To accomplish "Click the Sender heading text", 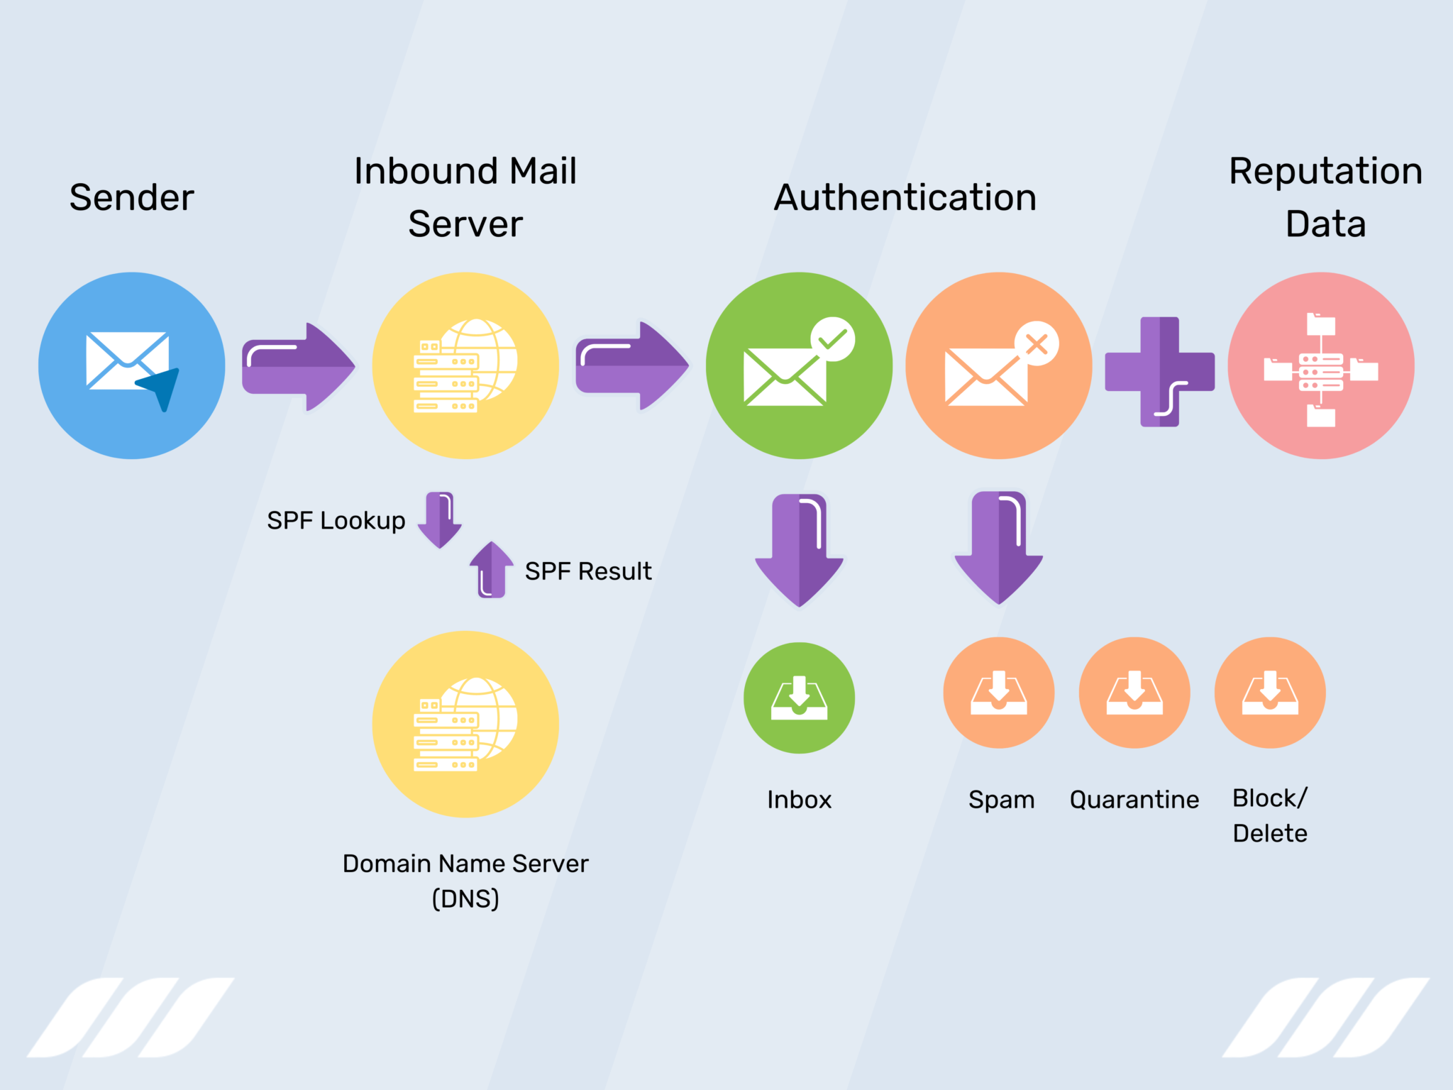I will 131,197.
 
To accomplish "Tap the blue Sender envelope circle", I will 132,365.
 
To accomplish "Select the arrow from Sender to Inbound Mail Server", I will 298,366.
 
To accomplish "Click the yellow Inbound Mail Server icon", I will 465,365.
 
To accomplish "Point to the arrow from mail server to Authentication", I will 631,366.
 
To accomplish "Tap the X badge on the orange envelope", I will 1037,345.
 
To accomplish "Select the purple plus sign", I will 1159,372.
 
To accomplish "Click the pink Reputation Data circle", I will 1320,365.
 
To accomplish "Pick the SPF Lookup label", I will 336,520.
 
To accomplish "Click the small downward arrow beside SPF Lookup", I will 440,520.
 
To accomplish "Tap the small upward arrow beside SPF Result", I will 491,570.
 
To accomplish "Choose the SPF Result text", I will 587,571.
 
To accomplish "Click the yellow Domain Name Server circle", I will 465,724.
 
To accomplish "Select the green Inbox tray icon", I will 799,698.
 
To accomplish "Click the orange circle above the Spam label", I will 998,693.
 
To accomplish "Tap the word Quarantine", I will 1134,800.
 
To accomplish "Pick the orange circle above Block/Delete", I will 1270,693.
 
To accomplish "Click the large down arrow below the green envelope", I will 800,550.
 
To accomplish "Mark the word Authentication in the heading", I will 905,197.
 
